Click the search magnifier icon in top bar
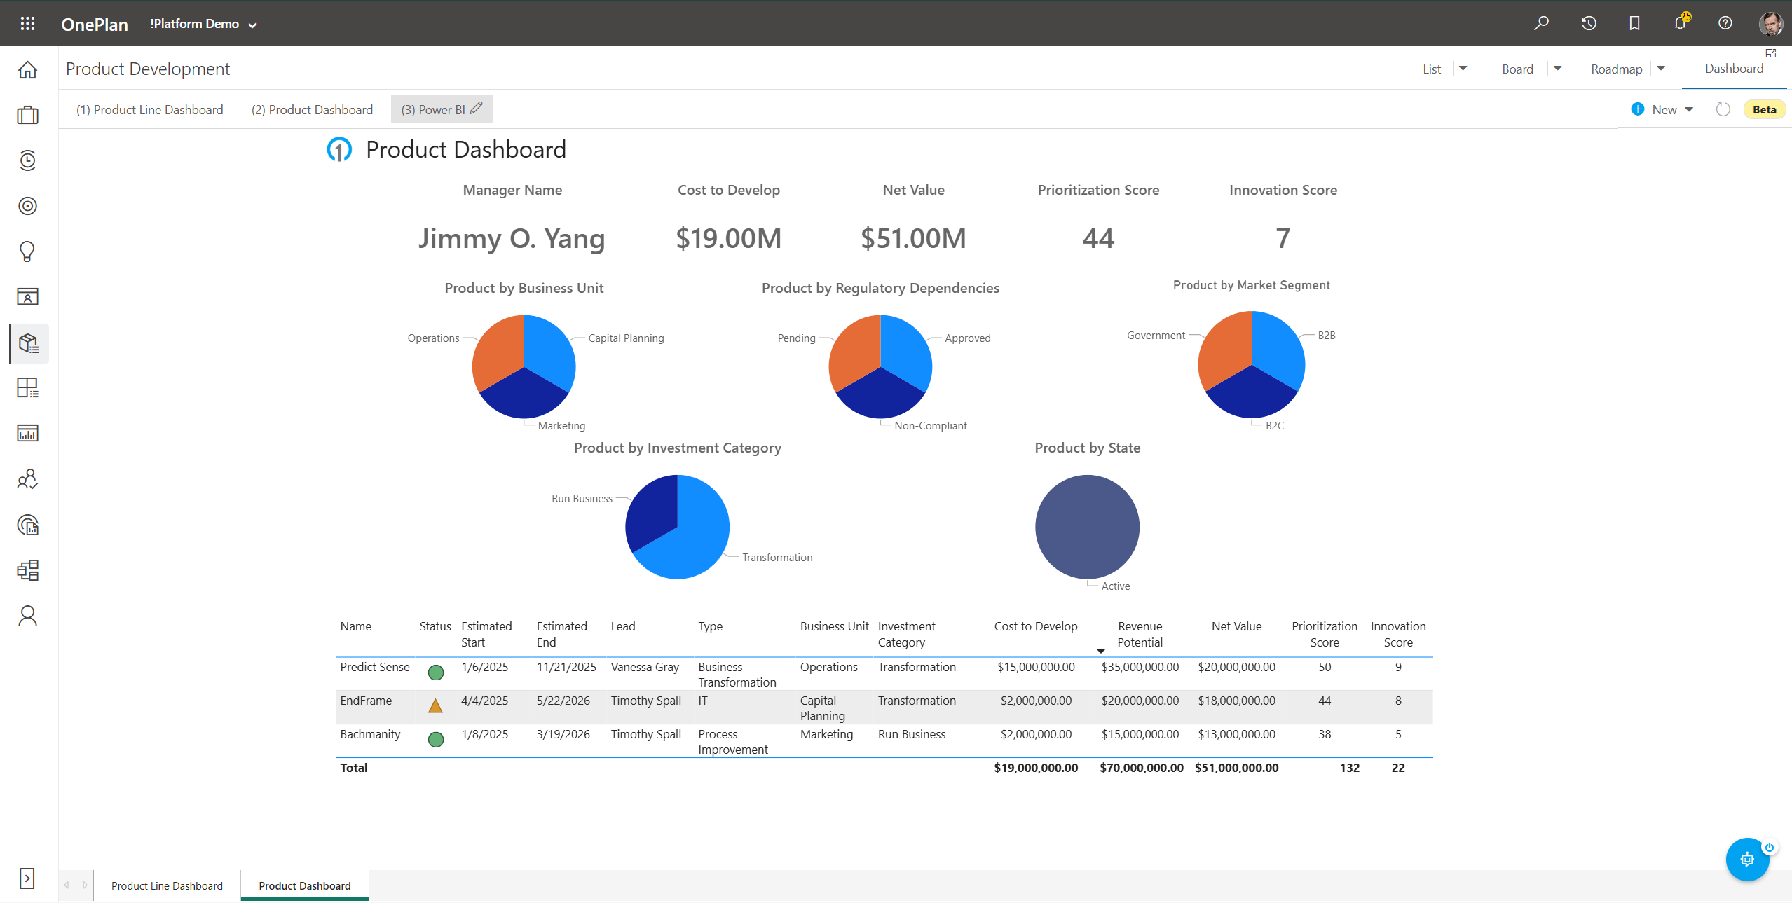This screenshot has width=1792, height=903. pyautogui.click(x=1541, y=23)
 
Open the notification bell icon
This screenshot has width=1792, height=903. pyautogui.click(x=1680, y=23)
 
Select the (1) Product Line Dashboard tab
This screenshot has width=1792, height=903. pyautogui.click(x=149, y=110)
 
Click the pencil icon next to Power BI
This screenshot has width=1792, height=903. pyautogui.click(x=477, y=109)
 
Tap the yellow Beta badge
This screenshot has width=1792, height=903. pyautogui.click(x=1763, y=110)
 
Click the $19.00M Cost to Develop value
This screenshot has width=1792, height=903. pyautogui.click(x=728, y=239)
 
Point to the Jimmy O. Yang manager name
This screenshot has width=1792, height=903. pyautogui.click(x=512, y=239)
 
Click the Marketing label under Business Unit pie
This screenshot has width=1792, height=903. pyautogui.click(x=561, y=426)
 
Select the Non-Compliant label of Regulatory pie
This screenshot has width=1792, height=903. pyautogui.click(x=930, y=426)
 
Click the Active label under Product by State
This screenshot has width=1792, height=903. pyautogui.click(x=1115, y=586)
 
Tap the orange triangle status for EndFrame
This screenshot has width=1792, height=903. pyautogui.click(x=435, y=706)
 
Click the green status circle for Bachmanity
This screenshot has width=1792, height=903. pyautogui.click(x=435, y=740)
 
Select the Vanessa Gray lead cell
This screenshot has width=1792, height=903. pyautogui.click(x=645, y=668)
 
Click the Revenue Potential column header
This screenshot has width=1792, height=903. pyautogui.click(x=1140, y=634)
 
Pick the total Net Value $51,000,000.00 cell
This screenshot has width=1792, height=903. pyautogui.click(x=1236, y=768)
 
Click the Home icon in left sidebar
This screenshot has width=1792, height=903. pyautogui.click(x=27, y=70)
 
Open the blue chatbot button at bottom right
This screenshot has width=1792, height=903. pyautogui.click(x=1746, y=860)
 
